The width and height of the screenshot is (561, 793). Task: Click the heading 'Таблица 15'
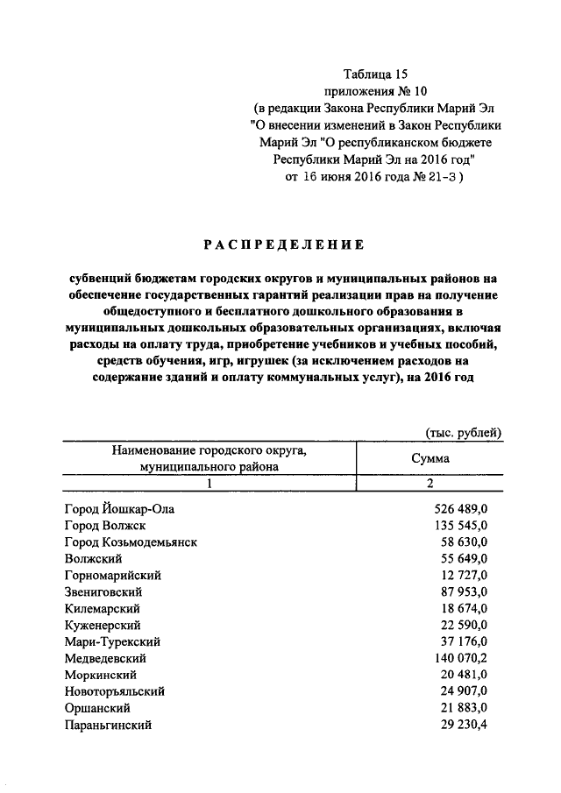374,75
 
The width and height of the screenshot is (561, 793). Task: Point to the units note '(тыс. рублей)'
464,432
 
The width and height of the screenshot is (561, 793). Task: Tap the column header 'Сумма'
430,458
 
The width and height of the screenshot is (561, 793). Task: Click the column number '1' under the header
209,485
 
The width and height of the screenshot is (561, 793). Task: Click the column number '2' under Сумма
430,485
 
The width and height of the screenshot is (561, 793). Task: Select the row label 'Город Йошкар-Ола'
126,508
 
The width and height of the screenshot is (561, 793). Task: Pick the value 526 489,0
461,508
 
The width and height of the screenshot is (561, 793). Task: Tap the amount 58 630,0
465,542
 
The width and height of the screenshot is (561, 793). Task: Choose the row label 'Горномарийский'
114,575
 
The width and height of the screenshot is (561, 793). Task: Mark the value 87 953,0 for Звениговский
465,591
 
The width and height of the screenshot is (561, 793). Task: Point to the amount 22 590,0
465,625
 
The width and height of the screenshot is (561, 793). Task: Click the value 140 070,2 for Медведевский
461,658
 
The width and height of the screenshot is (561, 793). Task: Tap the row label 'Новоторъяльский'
115,691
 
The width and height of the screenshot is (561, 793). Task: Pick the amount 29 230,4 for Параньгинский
465,725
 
